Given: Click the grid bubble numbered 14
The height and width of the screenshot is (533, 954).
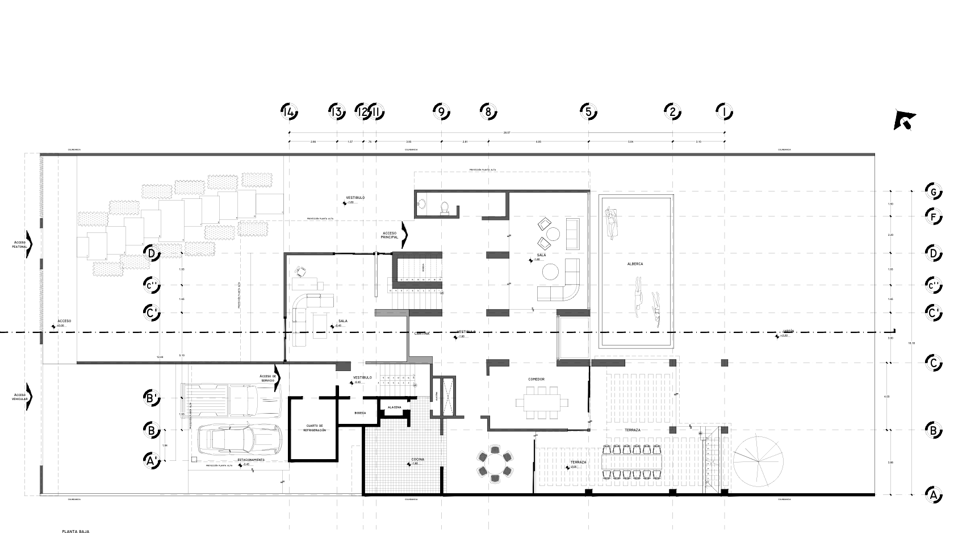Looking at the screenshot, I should (289, 112).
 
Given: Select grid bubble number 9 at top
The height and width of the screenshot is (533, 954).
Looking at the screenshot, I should (441, 112).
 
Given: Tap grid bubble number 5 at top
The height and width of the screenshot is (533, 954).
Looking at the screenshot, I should (589, 112).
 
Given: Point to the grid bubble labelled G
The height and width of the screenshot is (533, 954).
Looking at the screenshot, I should (932, 191).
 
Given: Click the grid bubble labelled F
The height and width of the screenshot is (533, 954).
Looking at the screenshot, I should (932, 216).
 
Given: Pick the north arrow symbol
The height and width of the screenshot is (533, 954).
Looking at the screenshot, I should (904, 120).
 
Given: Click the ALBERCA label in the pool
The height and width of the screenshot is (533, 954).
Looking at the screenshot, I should (635, 264).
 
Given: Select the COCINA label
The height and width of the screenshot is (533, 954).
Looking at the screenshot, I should (418, 459).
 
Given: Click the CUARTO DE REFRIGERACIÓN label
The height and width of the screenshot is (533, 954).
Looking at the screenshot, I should (314, 428).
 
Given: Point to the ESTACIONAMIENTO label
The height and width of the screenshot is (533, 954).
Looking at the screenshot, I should (251, 459).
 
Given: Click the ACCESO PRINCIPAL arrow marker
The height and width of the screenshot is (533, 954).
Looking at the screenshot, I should (404, 234).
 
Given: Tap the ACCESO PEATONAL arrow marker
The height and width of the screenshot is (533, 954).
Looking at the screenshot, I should (29, 244).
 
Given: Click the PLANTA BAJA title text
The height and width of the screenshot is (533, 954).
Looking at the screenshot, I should (76, 532).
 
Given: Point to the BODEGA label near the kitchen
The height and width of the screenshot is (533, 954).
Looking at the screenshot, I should (359, 413).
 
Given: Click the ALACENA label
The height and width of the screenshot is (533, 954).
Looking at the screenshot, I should (394, 407).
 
